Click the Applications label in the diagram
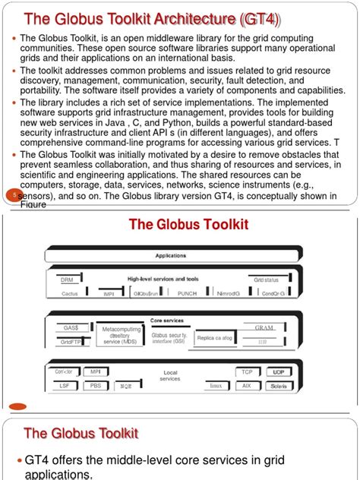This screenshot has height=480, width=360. coord(171,256)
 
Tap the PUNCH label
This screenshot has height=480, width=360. coord(187,292)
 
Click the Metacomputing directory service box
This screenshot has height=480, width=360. coord(122,335)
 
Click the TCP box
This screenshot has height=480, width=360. coord(247,373)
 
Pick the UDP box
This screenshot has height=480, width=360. coord(279,373)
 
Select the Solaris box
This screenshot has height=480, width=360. coord(279,386)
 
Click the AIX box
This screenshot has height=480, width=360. coord(247,386)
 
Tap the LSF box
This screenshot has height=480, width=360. coord(64,386)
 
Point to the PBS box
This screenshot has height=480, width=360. coord(95,386)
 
